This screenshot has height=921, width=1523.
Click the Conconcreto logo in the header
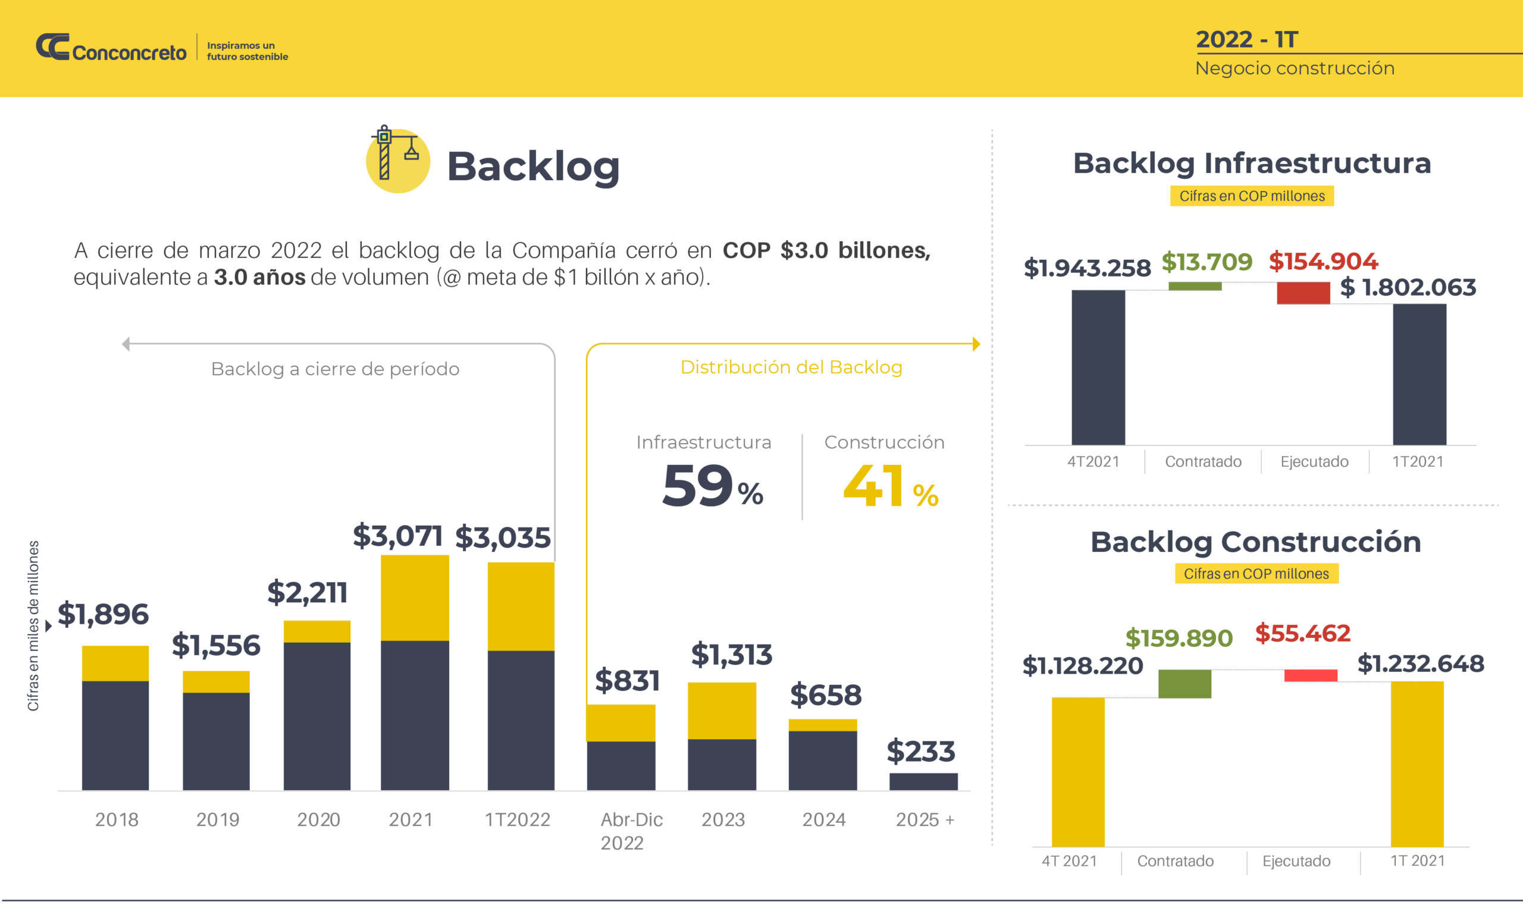111,48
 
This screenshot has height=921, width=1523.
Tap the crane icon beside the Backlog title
397,159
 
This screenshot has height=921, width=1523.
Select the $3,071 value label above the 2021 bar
397,535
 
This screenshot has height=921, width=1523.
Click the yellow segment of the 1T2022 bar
521,606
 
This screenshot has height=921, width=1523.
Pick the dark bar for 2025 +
923,781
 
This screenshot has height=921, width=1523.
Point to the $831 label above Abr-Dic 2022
628,680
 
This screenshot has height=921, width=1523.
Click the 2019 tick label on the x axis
218,820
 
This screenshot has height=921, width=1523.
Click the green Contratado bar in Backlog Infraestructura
1195,286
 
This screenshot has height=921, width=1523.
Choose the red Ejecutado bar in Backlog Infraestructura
1303,293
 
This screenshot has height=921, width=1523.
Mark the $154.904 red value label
1323,261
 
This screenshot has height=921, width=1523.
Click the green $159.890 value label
1179,638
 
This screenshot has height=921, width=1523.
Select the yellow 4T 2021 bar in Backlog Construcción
1078,772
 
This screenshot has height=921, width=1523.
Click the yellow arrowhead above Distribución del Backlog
976,344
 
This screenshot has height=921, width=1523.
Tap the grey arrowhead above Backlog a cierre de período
126,344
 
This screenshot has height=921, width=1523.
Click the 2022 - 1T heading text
1247,39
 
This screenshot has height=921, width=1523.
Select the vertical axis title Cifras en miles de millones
33,625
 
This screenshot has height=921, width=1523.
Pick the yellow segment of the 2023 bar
721,711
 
